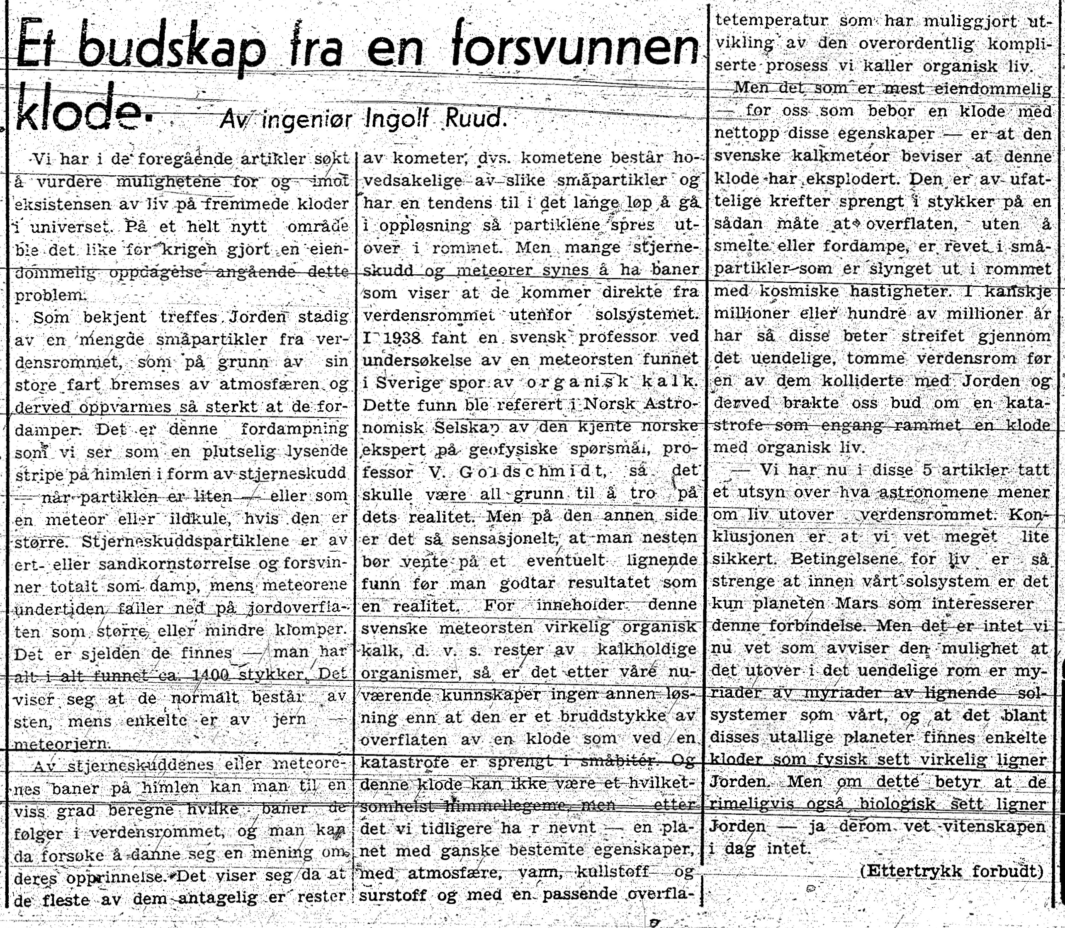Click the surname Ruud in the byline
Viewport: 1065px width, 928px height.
click(x=477, y=119)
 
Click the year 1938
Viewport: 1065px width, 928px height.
click(x=406, y=338)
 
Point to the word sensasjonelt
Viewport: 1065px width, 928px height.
click(x=500, y=538)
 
